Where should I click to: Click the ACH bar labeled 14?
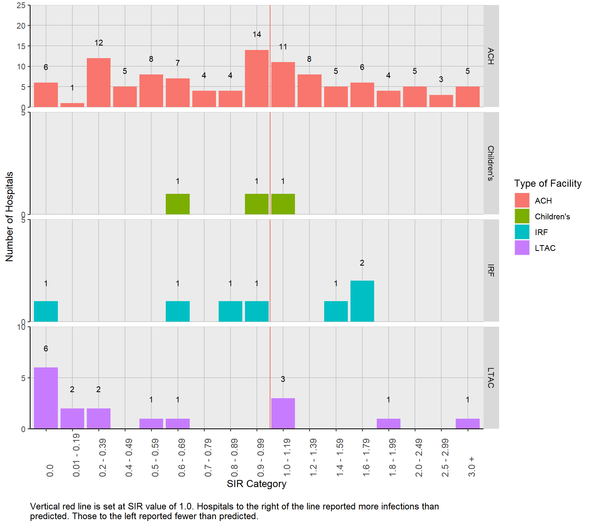(x=257, y=78)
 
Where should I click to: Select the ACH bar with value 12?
(x=98, y=83)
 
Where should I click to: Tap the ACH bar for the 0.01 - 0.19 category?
(x=72, y=105)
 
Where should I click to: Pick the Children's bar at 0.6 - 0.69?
(x=178, y=204)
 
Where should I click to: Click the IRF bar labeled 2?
(x=362, y=301)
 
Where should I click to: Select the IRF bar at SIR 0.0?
(x=46, y=311)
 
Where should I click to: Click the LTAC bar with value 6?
(x=46, y=398)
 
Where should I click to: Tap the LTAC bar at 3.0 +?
(x=468, y=423)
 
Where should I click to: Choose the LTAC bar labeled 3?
(x=283, y=413)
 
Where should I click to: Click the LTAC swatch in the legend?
(x=522, y=248)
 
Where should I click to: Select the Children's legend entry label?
(x=552, y=216)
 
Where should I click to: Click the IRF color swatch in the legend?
(x=522, y=232)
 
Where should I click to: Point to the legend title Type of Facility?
(x=547, y=183)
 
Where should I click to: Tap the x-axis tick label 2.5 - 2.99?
(x=445, y=458)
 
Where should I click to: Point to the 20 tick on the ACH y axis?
(x=21, y=26)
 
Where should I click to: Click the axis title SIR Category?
(x=256, y=484)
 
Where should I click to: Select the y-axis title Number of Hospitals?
(x=9, y=216)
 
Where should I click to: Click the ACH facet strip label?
(x=491, y=56)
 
